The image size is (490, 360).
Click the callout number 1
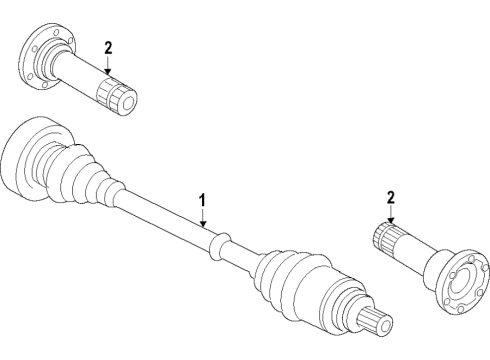(x=202, y=202)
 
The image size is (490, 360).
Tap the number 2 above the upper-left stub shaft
(x=108, y=49)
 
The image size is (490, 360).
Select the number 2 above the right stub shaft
(x=391, y=198)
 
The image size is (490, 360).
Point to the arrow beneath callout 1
(x=202, y=218)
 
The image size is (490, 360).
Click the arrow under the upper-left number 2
(x=108, y=65)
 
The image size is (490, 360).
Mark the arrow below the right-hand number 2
(x=391, y=215)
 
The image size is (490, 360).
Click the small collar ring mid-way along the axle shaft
(x=219, y=246)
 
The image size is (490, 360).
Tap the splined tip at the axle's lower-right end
(x=374, y=320)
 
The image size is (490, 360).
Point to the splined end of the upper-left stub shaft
(x=116, y=96)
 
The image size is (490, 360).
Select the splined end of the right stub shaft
(x=386, y=238)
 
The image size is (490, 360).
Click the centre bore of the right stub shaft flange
(x=462, y=280)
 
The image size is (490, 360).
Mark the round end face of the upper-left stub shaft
(x=129, y=103)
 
